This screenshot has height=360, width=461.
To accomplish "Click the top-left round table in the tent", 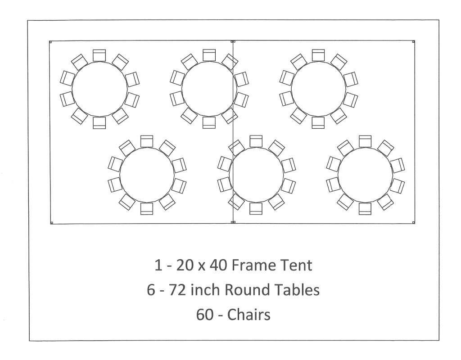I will (x=99, y=89).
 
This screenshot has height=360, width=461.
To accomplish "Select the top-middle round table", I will (x=209, y=89).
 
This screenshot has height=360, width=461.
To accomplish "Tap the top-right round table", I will (x=318, y=89).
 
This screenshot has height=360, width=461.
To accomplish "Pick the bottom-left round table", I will (x=147, y=175).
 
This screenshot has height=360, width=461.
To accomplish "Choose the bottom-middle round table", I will (x=256, y=175).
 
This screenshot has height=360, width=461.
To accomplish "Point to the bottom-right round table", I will (x=365, y=175).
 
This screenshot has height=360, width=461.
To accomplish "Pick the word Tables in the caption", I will (x=298, y=290).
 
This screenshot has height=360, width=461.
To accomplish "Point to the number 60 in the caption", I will (x=205, y=314).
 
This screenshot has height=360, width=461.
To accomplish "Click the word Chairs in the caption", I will (x=249, y=314).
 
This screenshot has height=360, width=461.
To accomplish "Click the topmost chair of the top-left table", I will (x=99, y=55).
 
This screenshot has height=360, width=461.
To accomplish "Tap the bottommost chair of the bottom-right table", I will (x=365, y=209).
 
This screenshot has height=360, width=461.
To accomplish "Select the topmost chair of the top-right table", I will (x=318, y=55).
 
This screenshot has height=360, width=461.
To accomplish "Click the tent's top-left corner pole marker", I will (x=50, y=42).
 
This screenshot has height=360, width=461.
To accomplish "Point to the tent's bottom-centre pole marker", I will (x=233, y=222).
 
